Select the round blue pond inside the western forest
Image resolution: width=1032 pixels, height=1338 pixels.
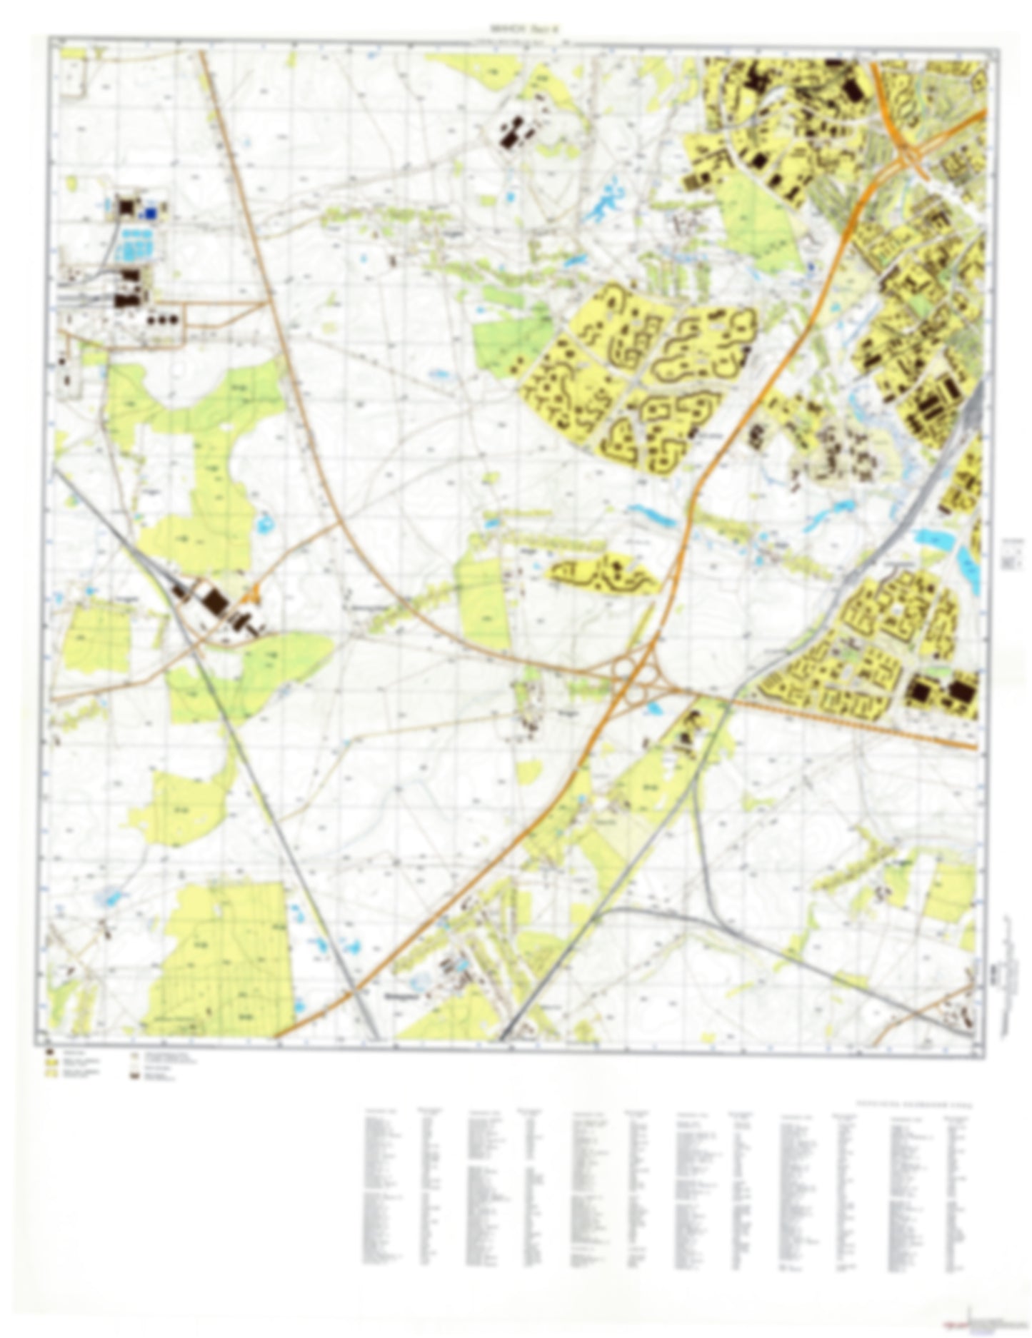[x=265, y=525]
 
